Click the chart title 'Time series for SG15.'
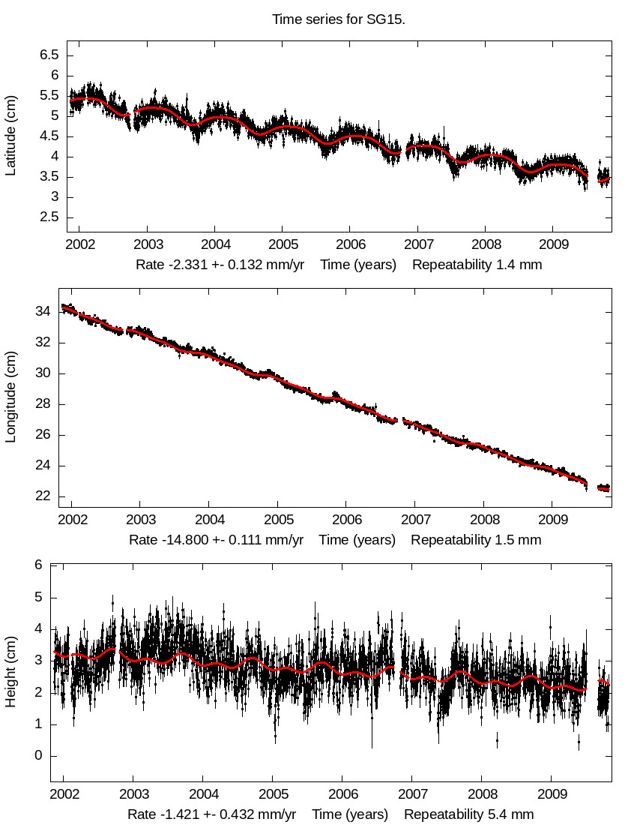(339, 19)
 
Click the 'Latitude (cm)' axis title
(10, 136)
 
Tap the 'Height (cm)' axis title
(10, 673)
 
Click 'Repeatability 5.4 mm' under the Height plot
(469, 814)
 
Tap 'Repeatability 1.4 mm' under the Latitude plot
(477, 265)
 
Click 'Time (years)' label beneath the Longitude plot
(357, 540)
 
